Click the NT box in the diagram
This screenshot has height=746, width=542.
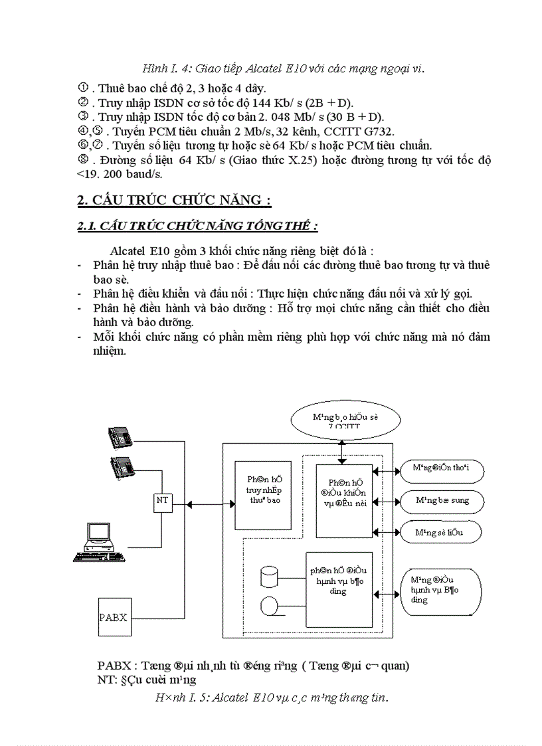[162, 502]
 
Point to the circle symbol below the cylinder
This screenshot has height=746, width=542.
[269, 605]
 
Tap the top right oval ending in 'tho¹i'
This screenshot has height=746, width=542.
[440, 470]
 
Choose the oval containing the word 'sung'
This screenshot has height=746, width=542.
[440, 500]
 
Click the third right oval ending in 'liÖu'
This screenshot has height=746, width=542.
[440, 531]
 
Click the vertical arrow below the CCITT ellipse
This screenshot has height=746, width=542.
[341, 451]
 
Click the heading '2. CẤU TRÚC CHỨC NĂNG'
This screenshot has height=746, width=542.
[174, 201]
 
